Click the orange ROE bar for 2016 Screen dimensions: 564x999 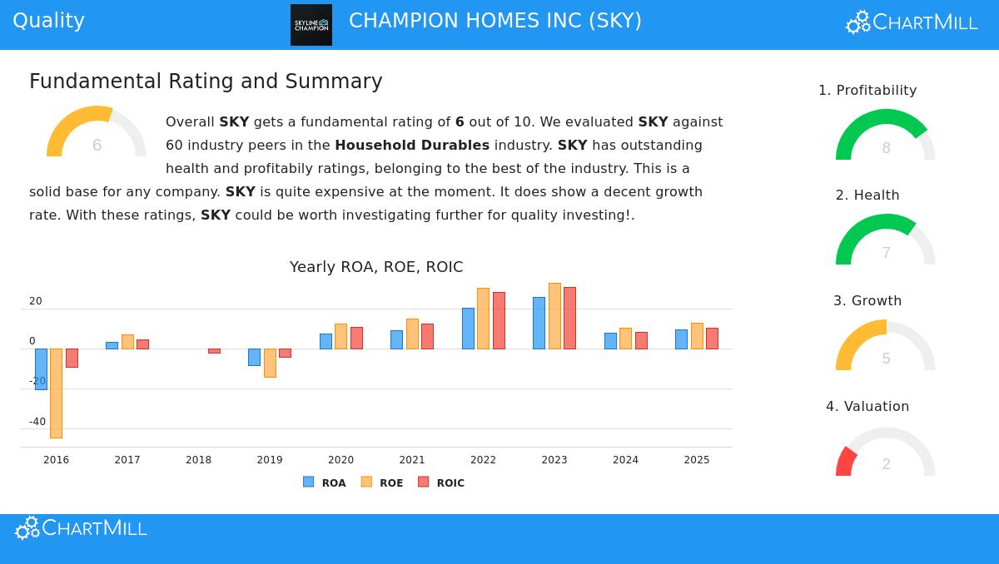56,393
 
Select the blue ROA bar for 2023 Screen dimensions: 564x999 539,323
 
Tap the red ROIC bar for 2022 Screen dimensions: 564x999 499,320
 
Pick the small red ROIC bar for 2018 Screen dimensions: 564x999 214,351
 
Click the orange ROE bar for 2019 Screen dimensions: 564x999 270,363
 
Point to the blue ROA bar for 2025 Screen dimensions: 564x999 681,339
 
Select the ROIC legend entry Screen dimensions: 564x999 441,482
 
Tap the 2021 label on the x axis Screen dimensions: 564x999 412,460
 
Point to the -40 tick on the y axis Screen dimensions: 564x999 37,422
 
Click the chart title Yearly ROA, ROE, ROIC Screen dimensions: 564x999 376,267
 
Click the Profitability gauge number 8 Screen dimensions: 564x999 886,148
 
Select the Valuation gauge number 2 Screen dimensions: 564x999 886,464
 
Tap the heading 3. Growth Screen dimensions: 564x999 867,301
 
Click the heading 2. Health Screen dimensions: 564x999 867,195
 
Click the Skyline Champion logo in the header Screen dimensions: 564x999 311,25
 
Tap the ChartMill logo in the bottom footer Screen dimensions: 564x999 81,528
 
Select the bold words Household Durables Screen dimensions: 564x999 412,146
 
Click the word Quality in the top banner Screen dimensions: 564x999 48,21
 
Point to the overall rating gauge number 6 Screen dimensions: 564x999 97,146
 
